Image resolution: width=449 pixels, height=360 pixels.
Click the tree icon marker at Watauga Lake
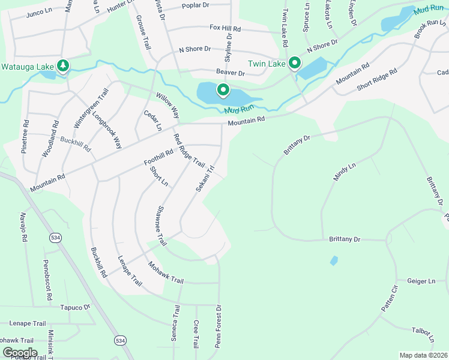click(x=62, y=65)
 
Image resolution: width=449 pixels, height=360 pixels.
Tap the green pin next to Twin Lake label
click(x=295, y=62)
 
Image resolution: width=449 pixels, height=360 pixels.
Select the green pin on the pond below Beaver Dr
click(x=223, y=91)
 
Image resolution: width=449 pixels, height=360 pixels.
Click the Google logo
click(x=20, y=353)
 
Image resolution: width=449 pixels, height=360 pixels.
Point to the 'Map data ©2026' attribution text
click(x=423, y=355)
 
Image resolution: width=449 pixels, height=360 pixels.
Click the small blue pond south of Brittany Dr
click(x=334, y=261)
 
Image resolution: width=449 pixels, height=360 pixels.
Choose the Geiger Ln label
click(x=421, y=281)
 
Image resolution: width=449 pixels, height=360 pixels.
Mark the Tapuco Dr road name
click(x=74, y=307)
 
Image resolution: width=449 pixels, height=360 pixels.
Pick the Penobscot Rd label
click(x=47, y=281)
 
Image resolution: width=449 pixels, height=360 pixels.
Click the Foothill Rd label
click(x=158, y=157)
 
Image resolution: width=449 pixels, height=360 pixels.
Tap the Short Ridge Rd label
click(x=377, y=80)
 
